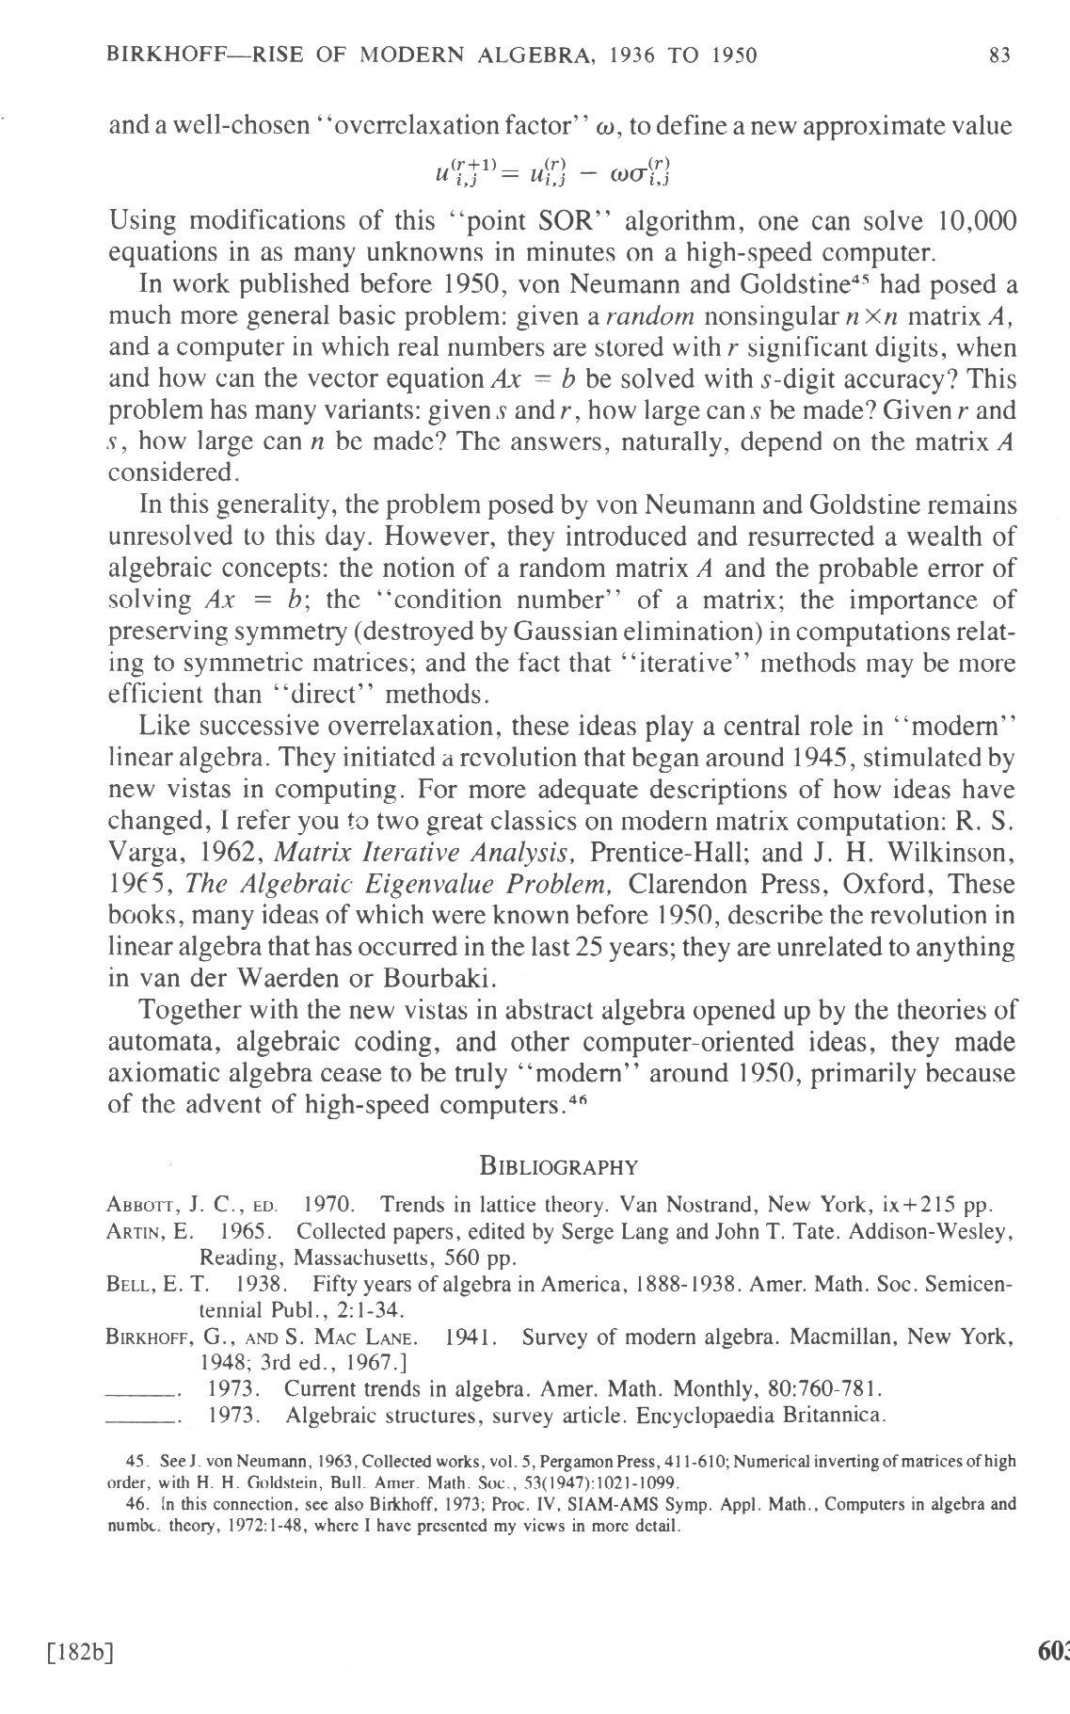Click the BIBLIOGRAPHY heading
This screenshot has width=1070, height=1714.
(x=558, y=1167)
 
